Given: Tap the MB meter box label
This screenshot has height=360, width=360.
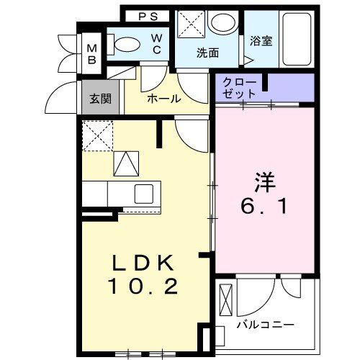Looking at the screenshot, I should [x=92, y=53].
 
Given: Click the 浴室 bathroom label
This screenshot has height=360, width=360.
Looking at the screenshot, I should [x=261, y=42].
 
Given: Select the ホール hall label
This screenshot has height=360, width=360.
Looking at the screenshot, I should [x=163, y=99].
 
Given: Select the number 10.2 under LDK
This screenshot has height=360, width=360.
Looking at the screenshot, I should [x=143, y=287].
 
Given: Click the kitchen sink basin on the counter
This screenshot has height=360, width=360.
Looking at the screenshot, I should [x=143, y=193].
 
